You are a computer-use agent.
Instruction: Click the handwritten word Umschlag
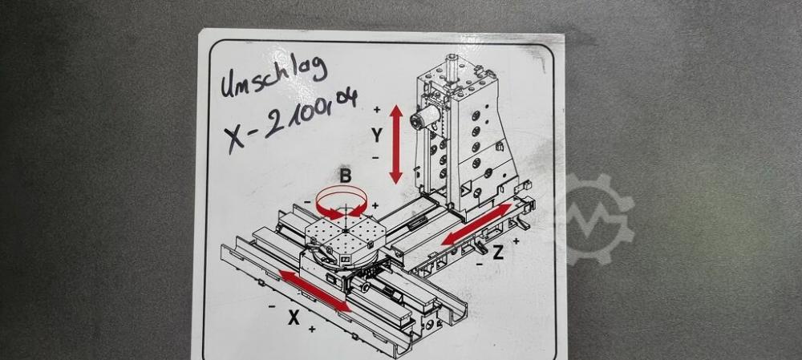pos(273,77)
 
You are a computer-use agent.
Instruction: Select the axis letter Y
pos(376,136)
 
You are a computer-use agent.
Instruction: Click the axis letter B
pos(346,176)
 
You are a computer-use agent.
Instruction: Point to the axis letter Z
pos(498,252)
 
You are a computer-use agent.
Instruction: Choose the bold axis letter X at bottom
pos(293,318)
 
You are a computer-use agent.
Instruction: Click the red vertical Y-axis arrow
pos(396,144)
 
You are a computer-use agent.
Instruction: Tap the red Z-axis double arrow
pos(476,224)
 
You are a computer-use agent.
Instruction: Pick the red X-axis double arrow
pos(315,292)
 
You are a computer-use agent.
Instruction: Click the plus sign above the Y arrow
pos(376,109)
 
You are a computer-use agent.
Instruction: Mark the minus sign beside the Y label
pos(375,158)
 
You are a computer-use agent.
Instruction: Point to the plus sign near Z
pos(516,241)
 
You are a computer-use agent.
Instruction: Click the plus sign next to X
pos(311,330)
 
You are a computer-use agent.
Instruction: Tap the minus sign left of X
pos(272,306)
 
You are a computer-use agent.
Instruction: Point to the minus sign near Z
pos(480,264)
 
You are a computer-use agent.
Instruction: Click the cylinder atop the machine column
pos(450,70)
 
